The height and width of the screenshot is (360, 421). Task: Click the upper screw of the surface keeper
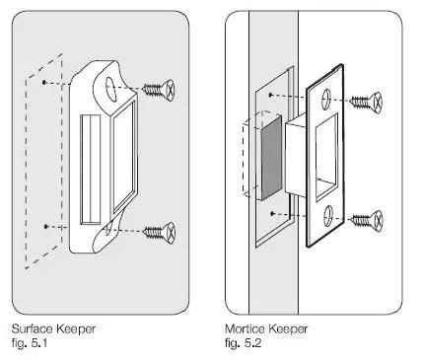[x=159, y=89]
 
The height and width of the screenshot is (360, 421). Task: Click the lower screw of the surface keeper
[x=159, y=232]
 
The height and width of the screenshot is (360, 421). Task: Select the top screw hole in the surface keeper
[x=107, y=89]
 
